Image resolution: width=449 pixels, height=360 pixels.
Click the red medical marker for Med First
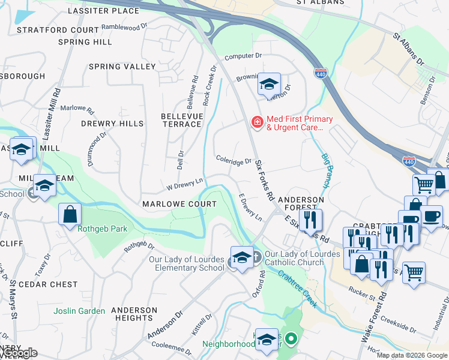point(257,122)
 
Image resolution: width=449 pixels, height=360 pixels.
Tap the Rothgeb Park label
point(94,227)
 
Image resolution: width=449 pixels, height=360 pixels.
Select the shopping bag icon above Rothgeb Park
point(70,214)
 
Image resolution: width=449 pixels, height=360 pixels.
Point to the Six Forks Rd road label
point(264,180)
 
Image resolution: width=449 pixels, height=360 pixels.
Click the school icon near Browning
point(269,85)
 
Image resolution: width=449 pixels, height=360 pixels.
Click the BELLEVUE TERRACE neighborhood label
point(181,119)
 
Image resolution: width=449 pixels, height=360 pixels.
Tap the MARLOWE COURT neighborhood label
point(179,204)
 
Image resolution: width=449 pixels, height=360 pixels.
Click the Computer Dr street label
point(243,56)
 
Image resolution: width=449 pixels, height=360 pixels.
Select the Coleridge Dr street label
point(234,161)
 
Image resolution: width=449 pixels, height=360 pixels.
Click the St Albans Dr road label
point(408,50)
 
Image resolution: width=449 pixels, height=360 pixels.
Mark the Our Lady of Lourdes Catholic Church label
point(294,258)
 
